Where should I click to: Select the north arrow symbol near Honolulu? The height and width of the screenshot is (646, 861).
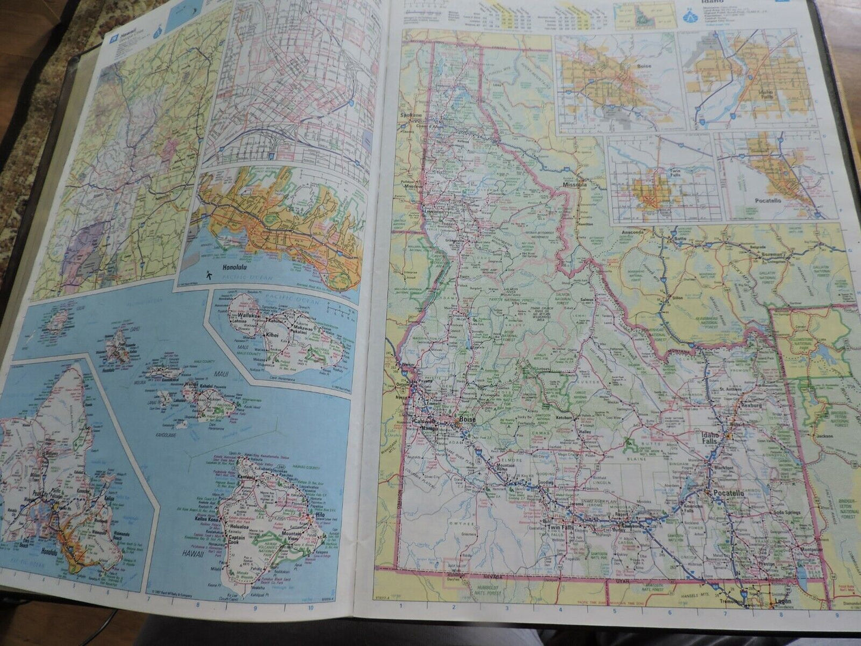point(209,275)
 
